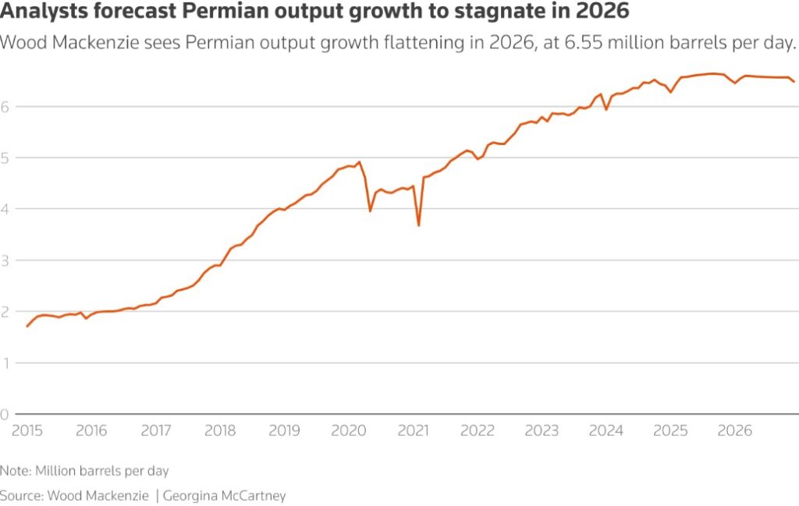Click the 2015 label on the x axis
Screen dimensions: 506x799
point(27,430)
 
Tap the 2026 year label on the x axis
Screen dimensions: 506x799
point(734,430)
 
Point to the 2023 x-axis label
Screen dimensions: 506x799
point(542,430)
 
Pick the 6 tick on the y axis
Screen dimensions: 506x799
point(5,106)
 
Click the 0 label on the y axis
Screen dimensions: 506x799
point(5,414)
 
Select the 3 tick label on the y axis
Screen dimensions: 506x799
point(5,260)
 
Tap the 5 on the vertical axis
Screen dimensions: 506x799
point(5,157)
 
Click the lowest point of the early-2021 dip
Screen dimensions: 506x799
point(419,225)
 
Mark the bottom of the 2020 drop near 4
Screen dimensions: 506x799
point(370,211)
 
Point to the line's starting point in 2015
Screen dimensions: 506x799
point(27,326)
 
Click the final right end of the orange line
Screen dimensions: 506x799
point(794,81)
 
